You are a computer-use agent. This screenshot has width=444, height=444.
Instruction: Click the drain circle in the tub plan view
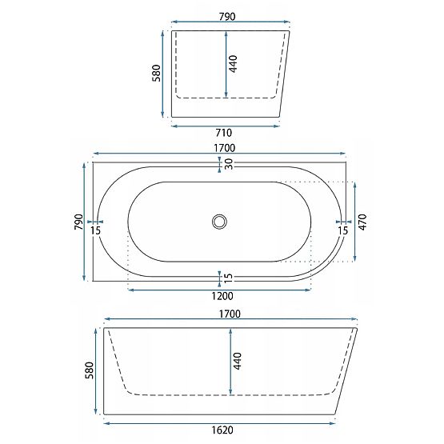[219, 222]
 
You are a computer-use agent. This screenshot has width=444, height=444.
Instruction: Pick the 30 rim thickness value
[229, 164]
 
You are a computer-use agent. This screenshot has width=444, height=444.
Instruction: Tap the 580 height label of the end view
[156, 73]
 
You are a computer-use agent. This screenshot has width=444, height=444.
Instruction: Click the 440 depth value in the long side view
[238, 361]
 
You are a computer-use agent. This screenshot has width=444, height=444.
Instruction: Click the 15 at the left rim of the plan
[96, 231]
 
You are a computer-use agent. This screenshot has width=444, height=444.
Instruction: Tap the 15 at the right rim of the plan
[343, 231]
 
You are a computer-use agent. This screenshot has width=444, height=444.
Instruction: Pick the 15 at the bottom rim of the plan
[229, 278]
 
